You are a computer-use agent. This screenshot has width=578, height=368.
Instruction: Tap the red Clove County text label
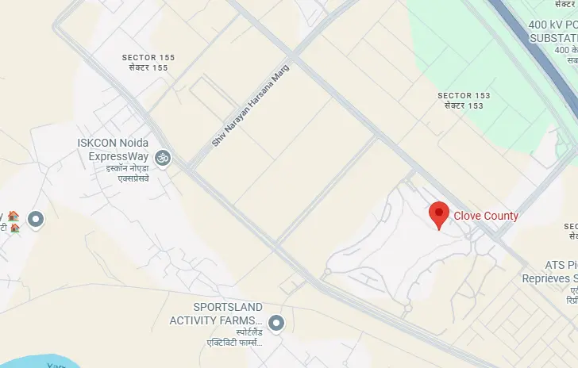486,216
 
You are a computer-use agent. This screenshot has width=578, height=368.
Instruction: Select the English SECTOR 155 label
148,58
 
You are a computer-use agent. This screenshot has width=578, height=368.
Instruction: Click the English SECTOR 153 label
464,96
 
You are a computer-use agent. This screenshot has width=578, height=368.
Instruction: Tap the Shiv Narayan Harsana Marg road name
251,105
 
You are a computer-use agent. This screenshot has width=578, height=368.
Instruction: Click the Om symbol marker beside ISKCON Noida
163,159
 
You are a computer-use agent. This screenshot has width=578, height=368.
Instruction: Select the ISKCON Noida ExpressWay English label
114,150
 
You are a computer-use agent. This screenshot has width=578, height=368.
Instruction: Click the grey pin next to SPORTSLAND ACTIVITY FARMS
276,323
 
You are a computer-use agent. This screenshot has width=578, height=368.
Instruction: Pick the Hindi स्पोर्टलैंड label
227,331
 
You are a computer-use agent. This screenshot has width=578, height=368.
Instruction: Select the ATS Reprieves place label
548,273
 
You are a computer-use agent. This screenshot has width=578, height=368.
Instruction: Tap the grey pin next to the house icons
36,219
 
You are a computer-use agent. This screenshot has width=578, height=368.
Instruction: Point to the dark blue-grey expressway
532,32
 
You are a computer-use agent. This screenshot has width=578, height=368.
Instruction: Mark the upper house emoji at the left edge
13,215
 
